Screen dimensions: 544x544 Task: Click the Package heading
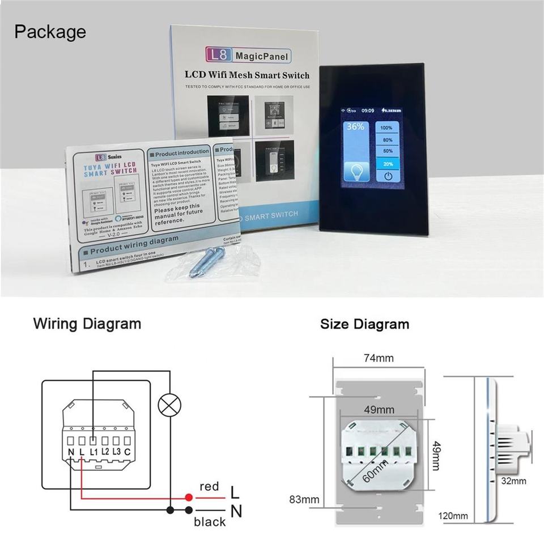[x=50, y=32]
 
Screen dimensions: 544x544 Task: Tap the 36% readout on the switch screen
[x=355, y=127]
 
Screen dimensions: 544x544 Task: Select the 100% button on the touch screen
[x=387, y=128]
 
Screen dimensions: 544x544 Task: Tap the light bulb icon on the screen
[x=357, y=171]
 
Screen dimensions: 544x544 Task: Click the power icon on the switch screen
[x=388, y=176]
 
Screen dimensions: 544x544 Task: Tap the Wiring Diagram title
[x=87, y=324]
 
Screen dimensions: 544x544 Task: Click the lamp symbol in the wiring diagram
[x=169, y=405]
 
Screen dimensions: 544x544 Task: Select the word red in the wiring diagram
[x=209, y=487]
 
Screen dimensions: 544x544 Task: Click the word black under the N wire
[x=210, y=522]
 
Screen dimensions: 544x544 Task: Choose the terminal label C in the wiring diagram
[x=128, y=451]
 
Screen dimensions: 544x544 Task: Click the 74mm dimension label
[x=378, y=358]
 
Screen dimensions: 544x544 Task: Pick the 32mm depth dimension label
[x=514, y=481]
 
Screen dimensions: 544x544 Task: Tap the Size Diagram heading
[x=364, y=325]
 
